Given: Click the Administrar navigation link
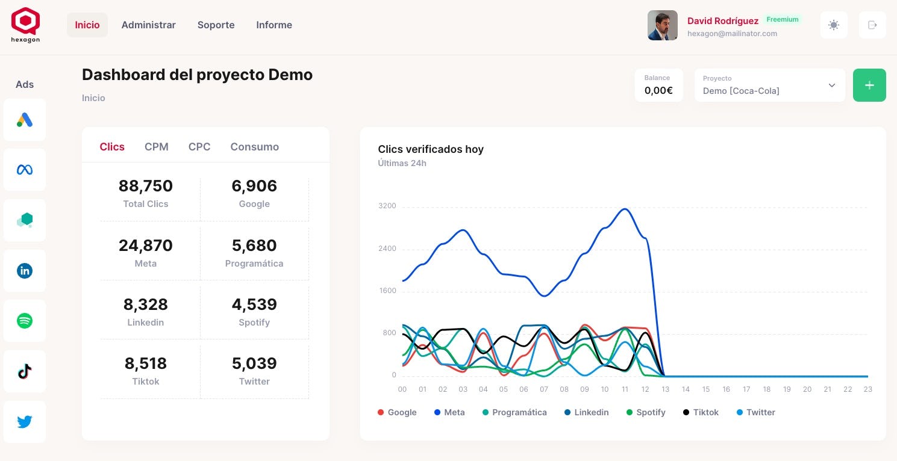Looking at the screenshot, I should [x=148, y=25].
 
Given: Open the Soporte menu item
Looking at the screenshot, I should [x=216, y=25].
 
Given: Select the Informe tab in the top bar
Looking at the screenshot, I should [x=274, y=25].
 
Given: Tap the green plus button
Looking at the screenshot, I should [x=869, y=85].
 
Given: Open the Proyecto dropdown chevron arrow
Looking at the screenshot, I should [x=832, y=85].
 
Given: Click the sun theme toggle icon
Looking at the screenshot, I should [x=834, y=25].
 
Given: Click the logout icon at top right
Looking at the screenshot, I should [x=872, y=25].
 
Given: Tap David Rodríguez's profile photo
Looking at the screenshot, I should [x=662, y=25].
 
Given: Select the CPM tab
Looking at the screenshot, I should [x=157, y=147].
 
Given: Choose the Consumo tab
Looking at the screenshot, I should [x=254, y=147].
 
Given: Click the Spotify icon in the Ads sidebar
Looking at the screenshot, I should [x=25, y=321].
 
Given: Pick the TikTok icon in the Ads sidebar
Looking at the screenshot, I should [x=25, y=371].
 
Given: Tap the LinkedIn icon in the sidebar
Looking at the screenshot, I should [x=25, y=271].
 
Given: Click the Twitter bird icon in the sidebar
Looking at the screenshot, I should [x=25, y=422].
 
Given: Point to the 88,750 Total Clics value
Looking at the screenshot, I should [x=146, y=186].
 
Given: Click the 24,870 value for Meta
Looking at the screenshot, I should [x=146, y=246].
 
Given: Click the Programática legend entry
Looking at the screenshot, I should [x=514, y=412].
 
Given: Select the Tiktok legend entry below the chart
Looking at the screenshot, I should [x=701, y=412].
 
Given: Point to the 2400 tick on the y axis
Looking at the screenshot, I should [x=387, y=249].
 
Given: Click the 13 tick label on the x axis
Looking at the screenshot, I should [x=665, y=389].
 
